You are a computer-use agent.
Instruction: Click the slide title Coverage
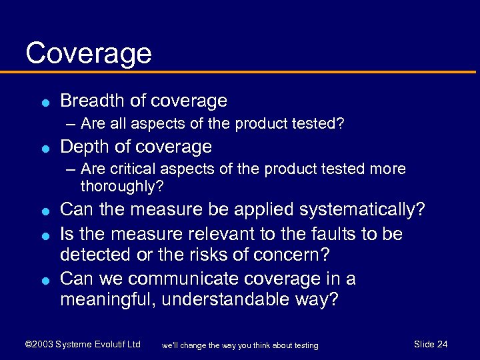[89, 53]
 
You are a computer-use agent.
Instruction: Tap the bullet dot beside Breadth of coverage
[43, 103]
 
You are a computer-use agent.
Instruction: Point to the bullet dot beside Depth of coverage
[43, 148]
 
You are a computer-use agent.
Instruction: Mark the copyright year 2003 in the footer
[42, 345]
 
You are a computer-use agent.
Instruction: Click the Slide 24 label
[431, 344]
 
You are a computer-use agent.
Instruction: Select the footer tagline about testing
[240, 345]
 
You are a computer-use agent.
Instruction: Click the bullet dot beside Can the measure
[43, 211]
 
